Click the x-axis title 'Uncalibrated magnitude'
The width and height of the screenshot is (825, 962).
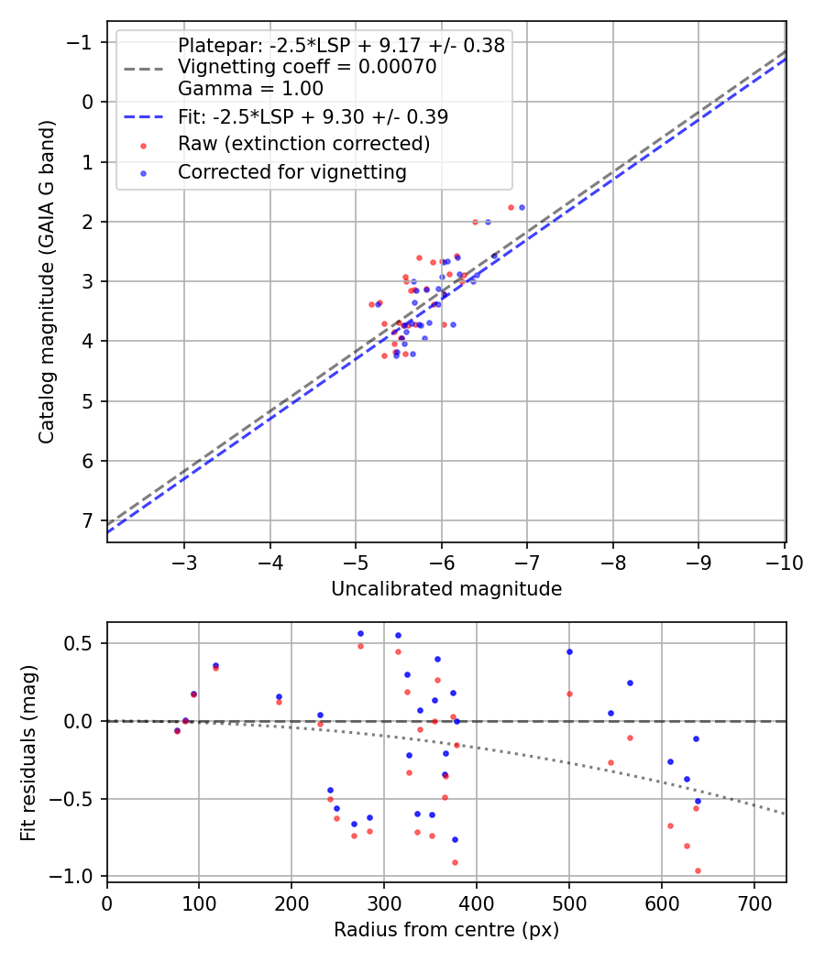[445, 589]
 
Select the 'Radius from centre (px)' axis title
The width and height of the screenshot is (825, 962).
[445, 930]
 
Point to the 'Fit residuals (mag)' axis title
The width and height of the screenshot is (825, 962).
[28, 751]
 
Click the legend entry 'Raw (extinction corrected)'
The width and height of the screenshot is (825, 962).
[303, 144]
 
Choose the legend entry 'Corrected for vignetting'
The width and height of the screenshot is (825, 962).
[291, 172]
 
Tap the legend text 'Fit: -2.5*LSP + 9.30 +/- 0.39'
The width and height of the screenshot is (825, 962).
[313, 116]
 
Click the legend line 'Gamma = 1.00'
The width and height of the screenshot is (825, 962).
[250, 89]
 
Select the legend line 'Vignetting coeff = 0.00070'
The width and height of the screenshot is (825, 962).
[307, 67]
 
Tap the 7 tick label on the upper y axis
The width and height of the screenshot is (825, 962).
[87, 521]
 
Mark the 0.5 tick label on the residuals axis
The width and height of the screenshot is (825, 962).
[81, 643]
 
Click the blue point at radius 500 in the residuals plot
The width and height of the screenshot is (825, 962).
[569, 651]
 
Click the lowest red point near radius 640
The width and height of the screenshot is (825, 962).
[698, 870]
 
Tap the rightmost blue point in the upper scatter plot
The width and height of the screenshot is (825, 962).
[522, 207]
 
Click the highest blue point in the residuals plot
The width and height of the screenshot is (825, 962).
[360, 633]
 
